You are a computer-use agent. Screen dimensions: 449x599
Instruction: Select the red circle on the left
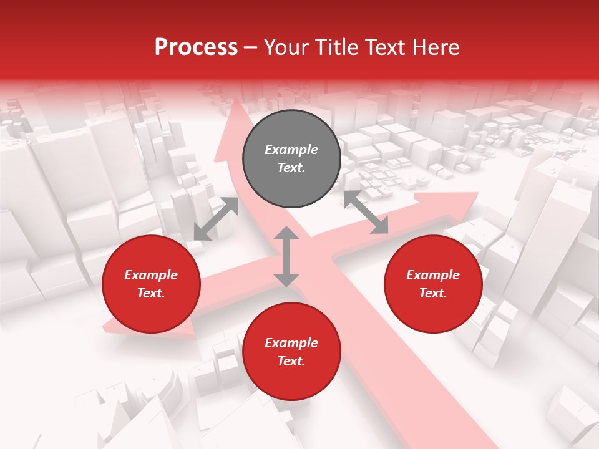click(x=151, y=284)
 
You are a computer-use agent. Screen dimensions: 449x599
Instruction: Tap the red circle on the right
click(x=433, y=284)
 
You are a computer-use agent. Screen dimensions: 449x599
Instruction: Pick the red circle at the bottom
click(x=291, y=352)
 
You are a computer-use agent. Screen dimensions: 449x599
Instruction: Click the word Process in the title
click(x=196, y=47)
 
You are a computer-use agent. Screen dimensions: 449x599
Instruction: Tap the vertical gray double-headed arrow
click(x=286, y=256)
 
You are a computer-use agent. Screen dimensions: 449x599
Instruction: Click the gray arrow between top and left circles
click(x=216, y=219)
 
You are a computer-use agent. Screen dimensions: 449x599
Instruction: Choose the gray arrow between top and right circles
click(x=366, y=212)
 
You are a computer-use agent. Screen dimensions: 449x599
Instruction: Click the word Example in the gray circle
click(x=291, y=150)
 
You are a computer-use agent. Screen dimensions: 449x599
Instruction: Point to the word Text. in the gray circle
click(x=291, y=168)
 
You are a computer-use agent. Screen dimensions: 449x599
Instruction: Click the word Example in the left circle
click(x=151, y=275)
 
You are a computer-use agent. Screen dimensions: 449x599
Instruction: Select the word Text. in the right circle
click(x=433, y=293)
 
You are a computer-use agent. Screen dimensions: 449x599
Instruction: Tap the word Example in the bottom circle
click(x=291, y=343)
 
